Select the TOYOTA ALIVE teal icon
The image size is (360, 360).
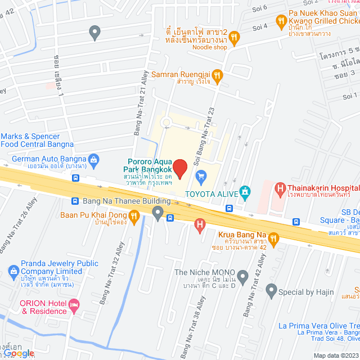tap(244, 192)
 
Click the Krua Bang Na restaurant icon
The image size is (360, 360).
tap(273, 238)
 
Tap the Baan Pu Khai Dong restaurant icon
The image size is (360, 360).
tap(134, 215)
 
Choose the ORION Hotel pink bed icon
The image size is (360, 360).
tap(74, 305)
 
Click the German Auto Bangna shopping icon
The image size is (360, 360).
tap(94, 160)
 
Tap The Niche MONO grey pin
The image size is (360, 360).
tap(242, 276)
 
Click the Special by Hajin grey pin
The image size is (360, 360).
tap(271, 291)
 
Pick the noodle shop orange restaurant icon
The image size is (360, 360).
tap(235, 38)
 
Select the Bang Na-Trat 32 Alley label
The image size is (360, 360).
tap(111, 273)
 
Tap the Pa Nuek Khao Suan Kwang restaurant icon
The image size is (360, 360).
tap(281, 21)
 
